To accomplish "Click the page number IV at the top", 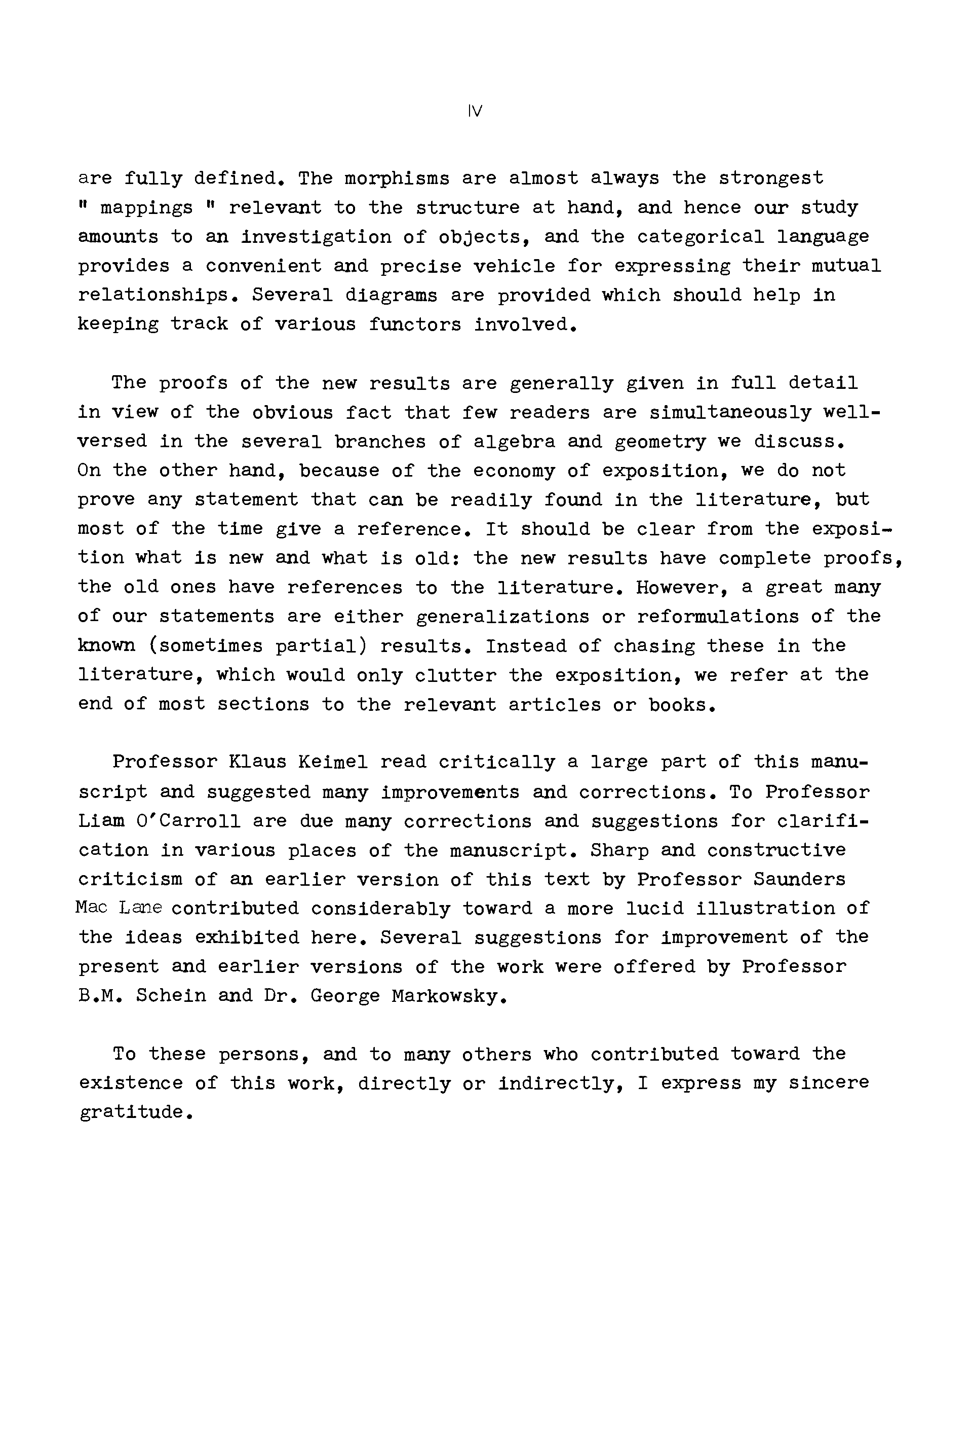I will click(475, 112).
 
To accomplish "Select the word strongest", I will click(771, 178).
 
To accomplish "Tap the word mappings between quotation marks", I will click(146, 207).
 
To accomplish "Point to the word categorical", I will click(700, 237).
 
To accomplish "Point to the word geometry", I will click(660, 442).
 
